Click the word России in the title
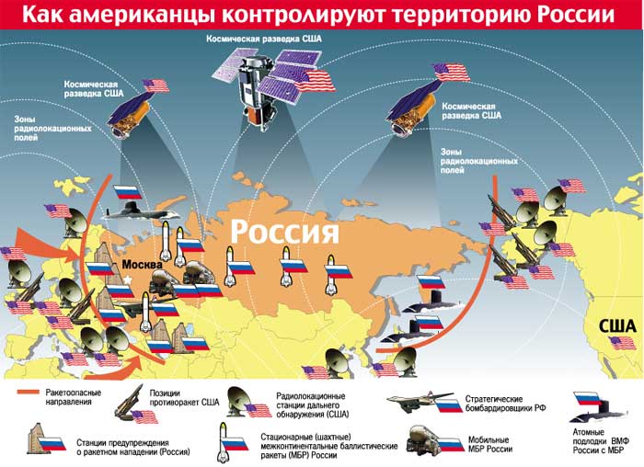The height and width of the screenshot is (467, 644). click(x=569, y=16)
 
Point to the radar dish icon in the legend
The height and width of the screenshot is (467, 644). click(x=247, y=402)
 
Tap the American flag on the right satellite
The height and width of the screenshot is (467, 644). click(x=451, y=72)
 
